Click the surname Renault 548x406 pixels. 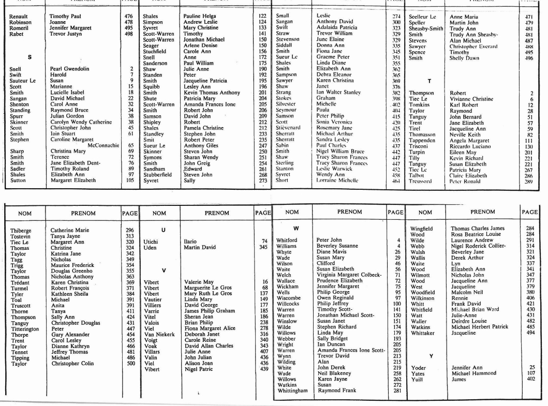[19, 17]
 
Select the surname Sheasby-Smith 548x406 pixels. [426, 28]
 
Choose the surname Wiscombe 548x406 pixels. [289, 298]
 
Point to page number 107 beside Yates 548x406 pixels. [530, 373]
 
